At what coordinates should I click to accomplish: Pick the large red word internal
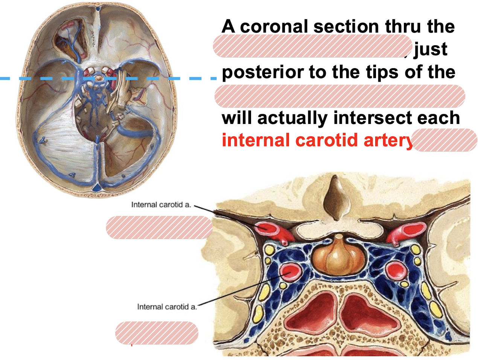pyautogui.click(x=256, y=140)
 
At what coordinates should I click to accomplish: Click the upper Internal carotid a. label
pyautogui.click(x=161, y=205)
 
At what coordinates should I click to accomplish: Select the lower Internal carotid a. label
pyautogui.click(x=167, y=307)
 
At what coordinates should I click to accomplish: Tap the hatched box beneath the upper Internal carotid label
pyautogui.click(x=159, y=227)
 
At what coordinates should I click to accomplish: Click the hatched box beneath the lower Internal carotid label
pyautogui.click(x=157, y=333)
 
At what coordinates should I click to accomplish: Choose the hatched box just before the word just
pyautogui.click(x=312, y=46)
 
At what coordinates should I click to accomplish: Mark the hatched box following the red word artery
pyautogui.click(x=445, y=140)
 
